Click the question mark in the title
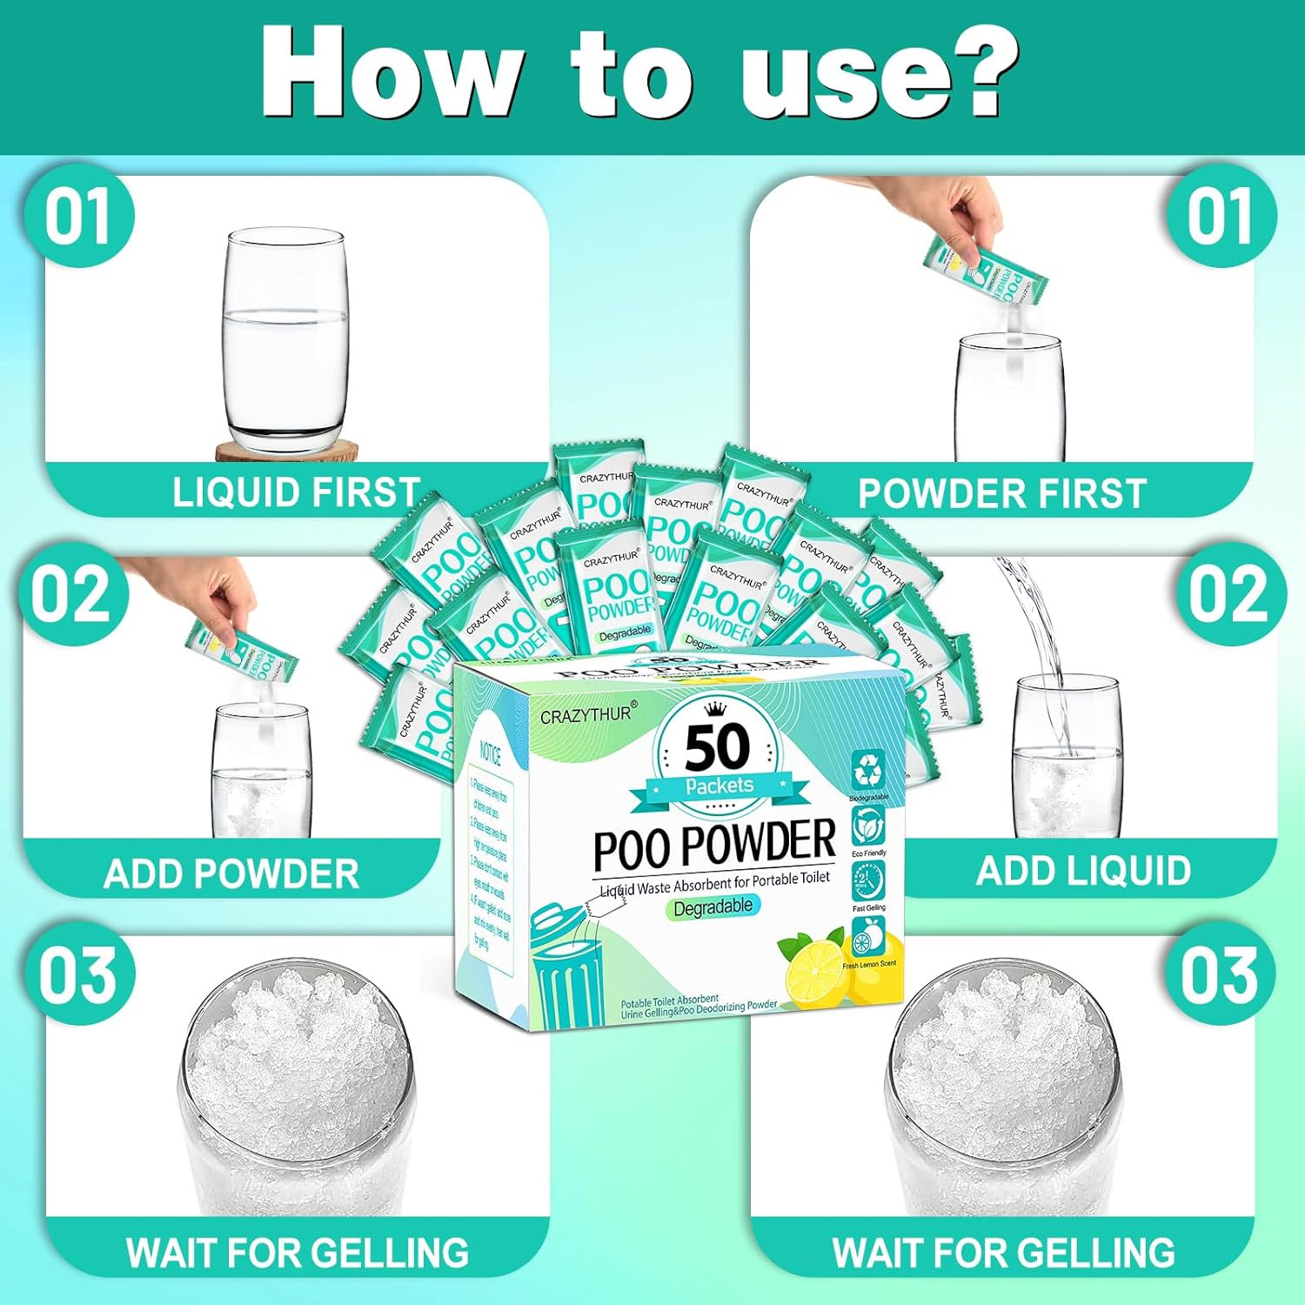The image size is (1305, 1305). (974, 70)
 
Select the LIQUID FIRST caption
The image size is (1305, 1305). (296, 492)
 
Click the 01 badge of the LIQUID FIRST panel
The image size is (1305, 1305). (78, 218)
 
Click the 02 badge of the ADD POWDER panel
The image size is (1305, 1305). (73, 595)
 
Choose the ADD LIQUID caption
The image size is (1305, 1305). (1083, 871)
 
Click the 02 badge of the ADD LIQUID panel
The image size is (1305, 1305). (1228, 595)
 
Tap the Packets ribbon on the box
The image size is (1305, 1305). (719, 786)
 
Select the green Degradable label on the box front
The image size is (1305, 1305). (713, 907)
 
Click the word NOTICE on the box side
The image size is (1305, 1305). (491, 753)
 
